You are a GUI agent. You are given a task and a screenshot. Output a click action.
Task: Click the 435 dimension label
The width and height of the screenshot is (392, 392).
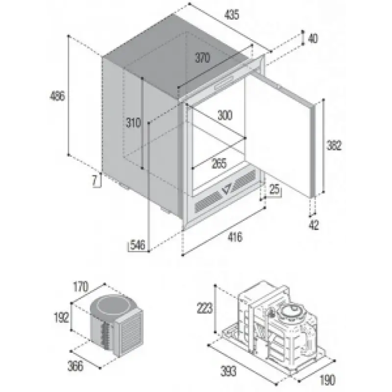(232, 15)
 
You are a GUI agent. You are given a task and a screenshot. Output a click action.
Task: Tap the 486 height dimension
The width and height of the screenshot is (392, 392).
(57, 96)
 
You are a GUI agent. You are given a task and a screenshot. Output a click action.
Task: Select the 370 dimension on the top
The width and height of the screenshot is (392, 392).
(202, 58)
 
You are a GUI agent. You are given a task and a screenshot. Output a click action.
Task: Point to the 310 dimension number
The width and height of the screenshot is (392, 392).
(133, 123)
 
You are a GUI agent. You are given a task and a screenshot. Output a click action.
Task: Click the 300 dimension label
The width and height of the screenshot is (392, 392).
(225, 115)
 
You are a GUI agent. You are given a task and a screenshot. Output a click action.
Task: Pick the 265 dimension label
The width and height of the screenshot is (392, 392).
(219, 164)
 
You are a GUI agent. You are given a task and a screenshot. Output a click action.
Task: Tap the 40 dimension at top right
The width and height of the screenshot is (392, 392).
(313, 39)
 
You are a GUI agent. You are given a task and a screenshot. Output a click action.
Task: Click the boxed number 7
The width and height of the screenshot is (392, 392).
(95, 181)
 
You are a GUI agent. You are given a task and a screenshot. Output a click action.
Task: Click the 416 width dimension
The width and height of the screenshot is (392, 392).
(235, 237)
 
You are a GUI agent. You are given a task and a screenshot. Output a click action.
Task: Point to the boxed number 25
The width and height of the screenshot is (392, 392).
(274, 189)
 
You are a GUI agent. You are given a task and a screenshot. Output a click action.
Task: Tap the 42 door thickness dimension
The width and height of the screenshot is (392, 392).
(314, 225)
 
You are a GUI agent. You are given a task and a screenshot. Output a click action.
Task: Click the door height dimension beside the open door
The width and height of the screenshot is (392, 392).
(334, 146)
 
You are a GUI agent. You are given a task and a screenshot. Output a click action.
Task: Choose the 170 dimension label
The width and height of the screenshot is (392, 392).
(81, 287)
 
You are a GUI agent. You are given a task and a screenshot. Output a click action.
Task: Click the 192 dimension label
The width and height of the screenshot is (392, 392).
(62, 318)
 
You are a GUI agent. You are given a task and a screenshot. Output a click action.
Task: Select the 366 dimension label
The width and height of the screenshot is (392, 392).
(75, 366)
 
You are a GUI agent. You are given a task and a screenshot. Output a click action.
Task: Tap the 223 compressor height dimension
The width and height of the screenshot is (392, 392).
(205, 308)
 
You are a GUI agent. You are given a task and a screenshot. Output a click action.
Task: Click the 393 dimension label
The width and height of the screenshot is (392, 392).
(228, 371)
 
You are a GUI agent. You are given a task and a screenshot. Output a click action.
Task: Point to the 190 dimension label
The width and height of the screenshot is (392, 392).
(327, 380)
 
